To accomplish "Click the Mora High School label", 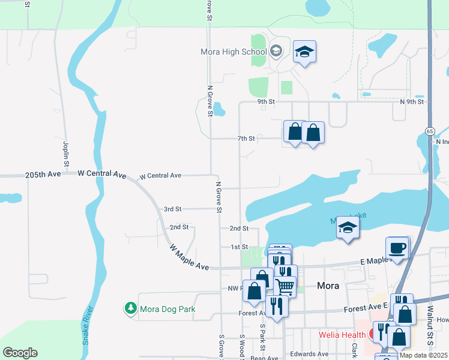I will click(x=233, y=52).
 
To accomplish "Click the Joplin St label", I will click(x=65, y=154).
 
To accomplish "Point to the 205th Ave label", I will click(x=43, y=174).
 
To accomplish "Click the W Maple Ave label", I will click(x=188, y=257).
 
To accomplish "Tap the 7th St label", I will click(x=246, y=139).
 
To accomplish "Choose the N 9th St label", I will click(x=412, y=102).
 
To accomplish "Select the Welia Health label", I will click(x=343, y=334).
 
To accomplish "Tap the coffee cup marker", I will click(x=397, y=247).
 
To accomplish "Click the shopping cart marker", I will click(x=286, y=286).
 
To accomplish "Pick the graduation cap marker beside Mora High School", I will click(x=304, y=52).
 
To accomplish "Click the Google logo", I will click(x=20, y=353).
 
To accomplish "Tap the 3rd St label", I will click(x=172, y=209).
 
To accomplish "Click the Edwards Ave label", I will click(x=309, y=354).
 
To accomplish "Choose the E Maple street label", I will click(x=373, y=262).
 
